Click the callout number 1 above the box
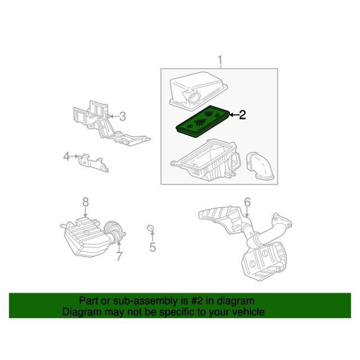click(x=220, y=60)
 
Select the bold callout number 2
click(x=242, y=115)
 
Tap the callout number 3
click(x=122, y=116)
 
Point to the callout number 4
click(x=67, y=157)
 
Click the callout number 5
click(x=152, y=247)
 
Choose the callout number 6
click(x=247, y=202)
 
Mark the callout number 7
click(x=119, y=256)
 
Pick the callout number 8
click(x=86, y=202)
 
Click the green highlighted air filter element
click(x=203, y=121)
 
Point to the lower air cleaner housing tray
click(x=206, y=160)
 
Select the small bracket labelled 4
click(x=94, y=162)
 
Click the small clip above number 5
click(x=150, y=228)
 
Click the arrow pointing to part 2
click(x=234, y=115)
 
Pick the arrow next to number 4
click(x=74, y=156)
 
